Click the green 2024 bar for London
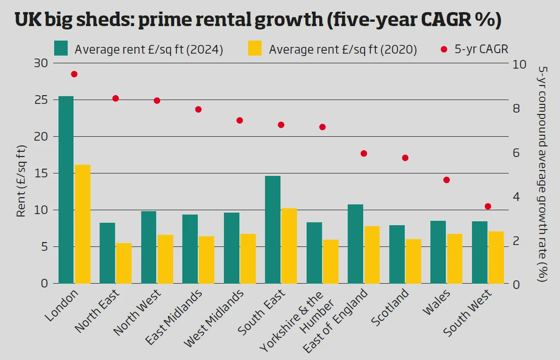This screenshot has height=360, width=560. coord(66,189)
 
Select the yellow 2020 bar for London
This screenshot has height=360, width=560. coord(82,224)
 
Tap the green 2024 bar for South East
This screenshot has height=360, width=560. coord(273,230)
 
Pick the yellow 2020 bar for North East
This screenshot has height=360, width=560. coord(124,263)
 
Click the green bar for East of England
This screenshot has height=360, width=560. coord(355,244)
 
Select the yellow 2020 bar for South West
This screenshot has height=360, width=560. coord(496,257)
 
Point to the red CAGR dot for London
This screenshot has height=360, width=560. coord(74,74)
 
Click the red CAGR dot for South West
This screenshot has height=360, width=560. coord(488,206)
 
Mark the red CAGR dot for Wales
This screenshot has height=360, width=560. coord(446,180)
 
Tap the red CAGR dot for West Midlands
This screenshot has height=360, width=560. coord(239,120)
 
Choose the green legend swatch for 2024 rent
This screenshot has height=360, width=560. coord(61,48)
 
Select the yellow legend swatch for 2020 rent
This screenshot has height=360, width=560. coord(255,48)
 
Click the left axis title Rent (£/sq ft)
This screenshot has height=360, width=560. coord(22,181)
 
